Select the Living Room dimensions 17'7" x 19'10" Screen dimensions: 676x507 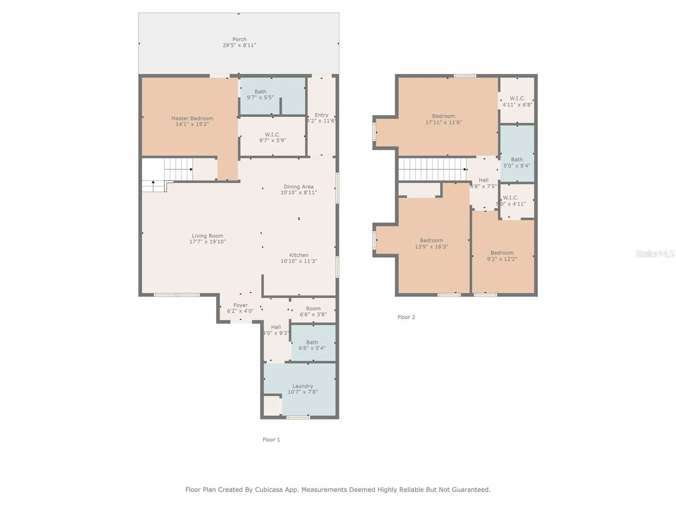[207, 242]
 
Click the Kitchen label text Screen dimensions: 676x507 [299, 255]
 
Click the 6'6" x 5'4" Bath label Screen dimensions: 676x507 [312, 345]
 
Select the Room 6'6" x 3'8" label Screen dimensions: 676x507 [313, 311]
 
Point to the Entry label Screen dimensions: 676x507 [321, 118]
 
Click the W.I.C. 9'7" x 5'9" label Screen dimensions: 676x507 [273, 137]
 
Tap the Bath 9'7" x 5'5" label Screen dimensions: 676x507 [260, 94]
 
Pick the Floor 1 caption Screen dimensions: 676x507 [271, 439]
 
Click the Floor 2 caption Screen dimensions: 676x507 [406, 317]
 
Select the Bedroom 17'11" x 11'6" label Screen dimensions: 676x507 [444, 119]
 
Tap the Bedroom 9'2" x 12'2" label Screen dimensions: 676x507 [502, 256]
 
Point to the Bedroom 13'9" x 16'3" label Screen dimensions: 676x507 [431, 243]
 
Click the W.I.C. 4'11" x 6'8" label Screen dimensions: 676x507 [517, 101]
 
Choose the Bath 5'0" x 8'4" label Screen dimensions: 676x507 [517, 162]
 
